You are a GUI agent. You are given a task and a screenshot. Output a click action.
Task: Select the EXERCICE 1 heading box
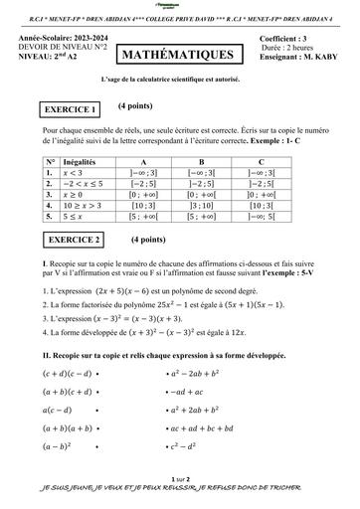69,109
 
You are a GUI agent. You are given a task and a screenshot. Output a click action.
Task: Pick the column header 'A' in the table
143,160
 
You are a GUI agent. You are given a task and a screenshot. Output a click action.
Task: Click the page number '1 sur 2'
180,478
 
